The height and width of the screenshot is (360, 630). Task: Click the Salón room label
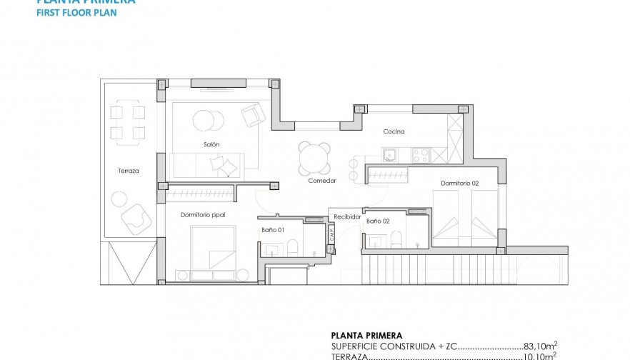(x=211, y=144)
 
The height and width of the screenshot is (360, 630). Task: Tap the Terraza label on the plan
(x=129, y=171)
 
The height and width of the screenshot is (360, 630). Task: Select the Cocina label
(x=394, y=131)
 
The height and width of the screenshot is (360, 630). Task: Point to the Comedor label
(x=321, y=180)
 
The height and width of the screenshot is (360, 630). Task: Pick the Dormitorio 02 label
(x=459, y=184)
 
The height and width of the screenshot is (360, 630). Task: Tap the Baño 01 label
(x=273, y=229)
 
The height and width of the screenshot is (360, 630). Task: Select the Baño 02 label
(x=378, y=221)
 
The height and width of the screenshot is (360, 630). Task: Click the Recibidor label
(x=347, y=216)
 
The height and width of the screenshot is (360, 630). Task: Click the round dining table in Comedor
(x=315, y=159)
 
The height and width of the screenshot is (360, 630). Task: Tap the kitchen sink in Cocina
(x=391, y=155)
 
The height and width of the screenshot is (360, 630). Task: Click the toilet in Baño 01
(x=291, y=248)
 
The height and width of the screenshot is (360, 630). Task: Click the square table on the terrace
(x=128, y=122)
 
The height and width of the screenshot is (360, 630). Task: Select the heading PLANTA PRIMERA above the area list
(x=366, y=335)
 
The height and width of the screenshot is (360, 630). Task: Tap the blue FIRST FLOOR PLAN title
(x=76, y=13)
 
